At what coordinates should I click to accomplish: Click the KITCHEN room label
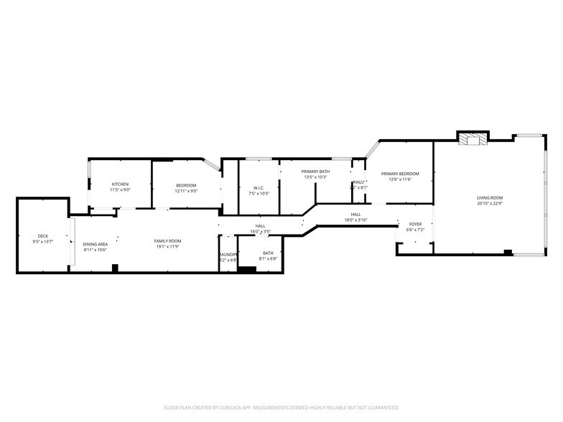(x=120, y=184)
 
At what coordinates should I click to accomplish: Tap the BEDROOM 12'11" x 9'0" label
(x=186, y=186)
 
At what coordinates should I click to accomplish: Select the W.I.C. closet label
(x=258, y=188)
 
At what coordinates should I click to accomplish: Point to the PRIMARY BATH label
(x=315, y=172)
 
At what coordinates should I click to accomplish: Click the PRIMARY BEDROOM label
(x=399, y=174)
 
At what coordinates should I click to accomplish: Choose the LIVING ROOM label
(x=490, y=197)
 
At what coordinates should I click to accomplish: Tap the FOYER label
(x=415, y=225)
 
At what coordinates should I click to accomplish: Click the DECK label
(x=42, y=236)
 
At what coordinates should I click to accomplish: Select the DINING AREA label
(x=95, y=244)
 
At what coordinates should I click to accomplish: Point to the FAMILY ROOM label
(x=167, y=241)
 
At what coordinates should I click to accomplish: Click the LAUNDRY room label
(x=228, y=254)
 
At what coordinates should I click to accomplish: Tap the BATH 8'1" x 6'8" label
(x=268, y=253)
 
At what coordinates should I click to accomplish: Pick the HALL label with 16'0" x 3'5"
(x=260, y=226)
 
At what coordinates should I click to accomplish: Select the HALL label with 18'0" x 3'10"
(x=355, y=214)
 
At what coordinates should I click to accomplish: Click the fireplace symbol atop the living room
(x=473, y=139)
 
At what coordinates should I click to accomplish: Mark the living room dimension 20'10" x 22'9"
(x=490, y=203)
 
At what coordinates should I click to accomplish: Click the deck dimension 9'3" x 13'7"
(x=42, y=242)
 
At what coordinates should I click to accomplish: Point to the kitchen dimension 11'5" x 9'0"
(x=120, y=190)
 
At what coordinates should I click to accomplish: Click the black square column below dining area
(x=114, y=268)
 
